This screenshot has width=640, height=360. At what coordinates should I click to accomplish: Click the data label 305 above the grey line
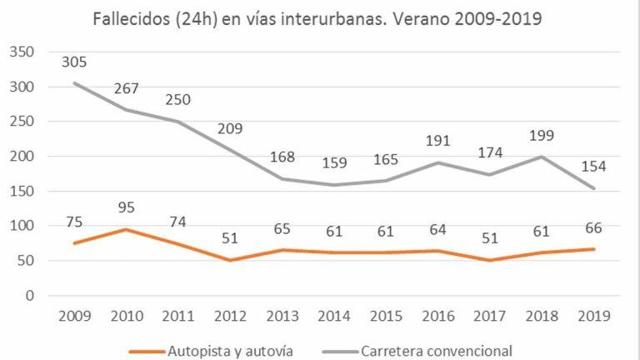(x=73, y=62)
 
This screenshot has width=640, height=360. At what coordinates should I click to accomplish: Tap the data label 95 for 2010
(x=126, y=207)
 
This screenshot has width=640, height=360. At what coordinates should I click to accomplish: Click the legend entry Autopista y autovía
(x=215, y=350)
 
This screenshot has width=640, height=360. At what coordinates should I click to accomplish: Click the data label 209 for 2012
(x=231, y=129)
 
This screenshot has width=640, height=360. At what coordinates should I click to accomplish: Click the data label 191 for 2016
(x=440, y=141)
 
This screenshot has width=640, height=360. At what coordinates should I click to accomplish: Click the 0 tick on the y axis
(x=28, y=295)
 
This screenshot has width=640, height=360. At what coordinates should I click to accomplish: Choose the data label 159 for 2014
(x=335, y=163)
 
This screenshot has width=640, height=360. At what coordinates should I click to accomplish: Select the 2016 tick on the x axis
(x=439, y=316)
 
